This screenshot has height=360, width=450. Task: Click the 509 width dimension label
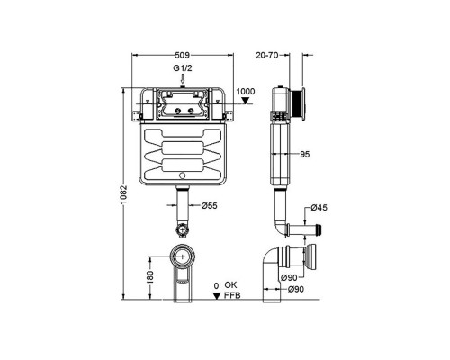click(183, 55)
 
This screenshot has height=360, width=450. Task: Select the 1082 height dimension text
click(124, 194)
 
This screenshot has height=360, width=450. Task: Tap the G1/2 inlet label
click(183, 68)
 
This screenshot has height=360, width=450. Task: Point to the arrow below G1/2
click(183, 79)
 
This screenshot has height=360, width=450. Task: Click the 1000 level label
click(246, 92)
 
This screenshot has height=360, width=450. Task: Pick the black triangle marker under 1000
click(247, 101)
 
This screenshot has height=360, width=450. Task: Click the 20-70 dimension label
click(267, 55)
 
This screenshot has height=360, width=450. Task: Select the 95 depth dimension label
click(304, 155)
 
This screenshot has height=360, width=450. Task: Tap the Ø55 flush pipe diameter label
click(209, 206)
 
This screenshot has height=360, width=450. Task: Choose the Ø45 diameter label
click(319, 208)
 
